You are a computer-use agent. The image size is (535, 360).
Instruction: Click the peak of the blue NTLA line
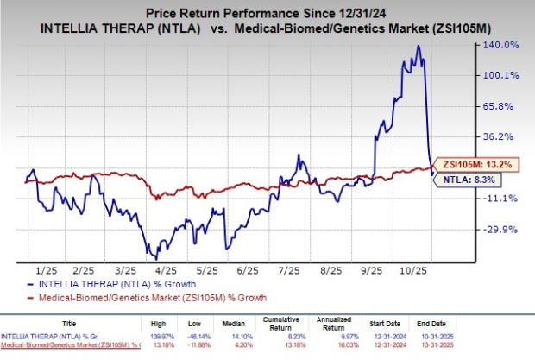point(418,46)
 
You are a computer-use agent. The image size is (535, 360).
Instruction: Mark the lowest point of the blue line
point(156,258)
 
